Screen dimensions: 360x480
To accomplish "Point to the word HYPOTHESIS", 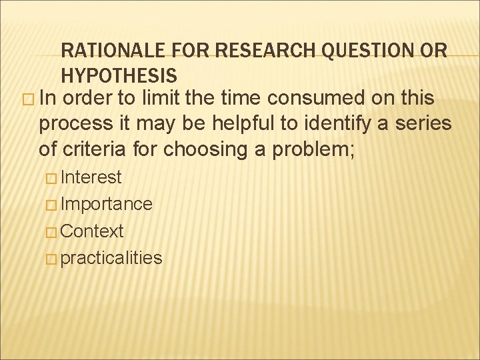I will (119, 75).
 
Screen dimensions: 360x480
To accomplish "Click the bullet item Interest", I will (91, 177).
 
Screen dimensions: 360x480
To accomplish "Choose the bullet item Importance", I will (106, 204).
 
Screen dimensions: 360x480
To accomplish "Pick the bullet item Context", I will (92, 231).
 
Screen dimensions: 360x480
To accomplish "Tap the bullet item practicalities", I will (111, 258).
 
